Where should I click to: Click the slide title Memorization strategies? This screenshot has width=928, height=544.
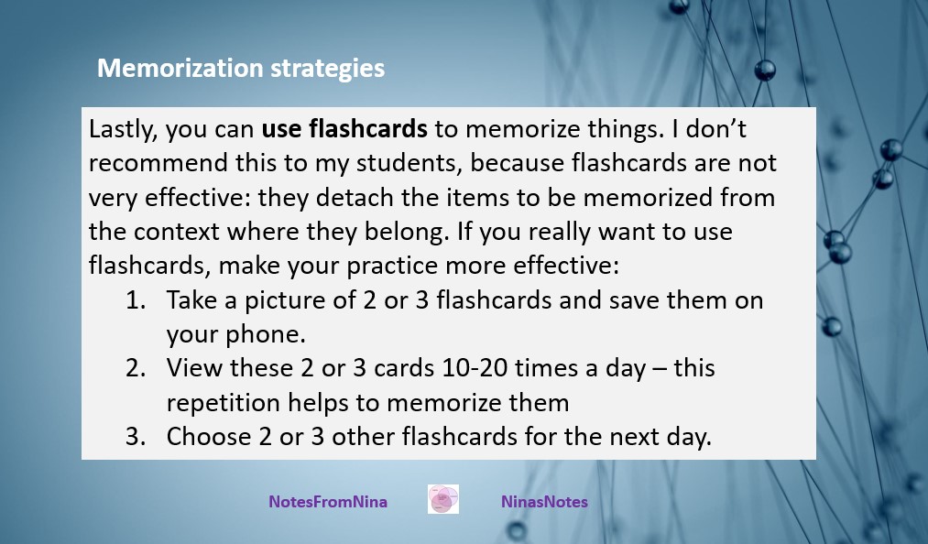pos(241,69)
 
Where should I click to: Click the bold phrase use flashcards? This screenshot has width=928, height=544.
pos(344,128)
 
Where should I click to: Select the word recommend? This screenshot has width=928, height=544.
pos(158,163)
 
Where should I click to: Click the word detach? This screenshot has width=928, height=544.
pos(355,197)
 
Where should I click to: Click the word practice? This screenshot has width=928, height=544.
pos(392,266)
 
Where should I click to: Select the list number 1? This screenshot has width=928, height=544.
pos(136,300)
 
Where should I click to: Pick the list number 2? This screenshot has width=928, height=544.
pos(136,368)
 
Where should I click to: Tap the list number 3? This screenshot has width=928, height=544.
pos(136,437)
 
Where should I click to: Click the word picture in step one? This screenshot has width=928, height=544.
pos(285,300)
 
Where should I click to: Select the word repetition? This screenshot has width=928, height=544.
pos(224,403)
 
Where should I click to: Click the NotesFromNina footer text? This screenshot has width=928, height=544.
pos(328,501)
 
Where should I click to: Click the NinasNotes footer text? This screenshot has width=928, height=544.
pos(544,501)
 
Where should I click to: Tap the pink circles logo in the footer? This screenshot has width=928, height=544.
pos(443,499)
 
